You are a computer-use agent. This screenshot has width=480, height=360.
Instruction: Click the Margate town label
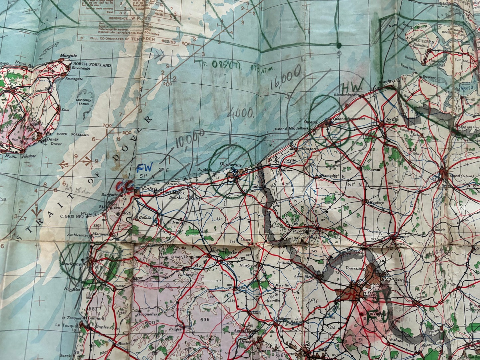pos(68,56)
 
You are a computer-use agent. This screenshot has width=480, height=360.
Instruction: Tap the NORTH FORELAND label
pos(92,65)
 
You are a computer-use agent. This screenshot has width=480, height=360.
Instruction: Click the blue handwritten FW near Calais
pos(144,167)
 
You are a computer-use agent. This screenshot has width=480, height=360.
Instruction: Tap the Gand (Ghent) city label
pos(460,176)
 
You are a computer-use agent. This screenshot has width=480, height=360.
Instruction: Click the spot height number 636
pos(205,319)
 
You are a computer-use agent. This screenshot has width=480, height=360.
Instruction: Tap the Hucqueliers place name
pos(148,314)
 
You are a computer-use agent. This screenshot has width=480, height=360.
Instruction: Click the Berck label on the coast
pos(65,355)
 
